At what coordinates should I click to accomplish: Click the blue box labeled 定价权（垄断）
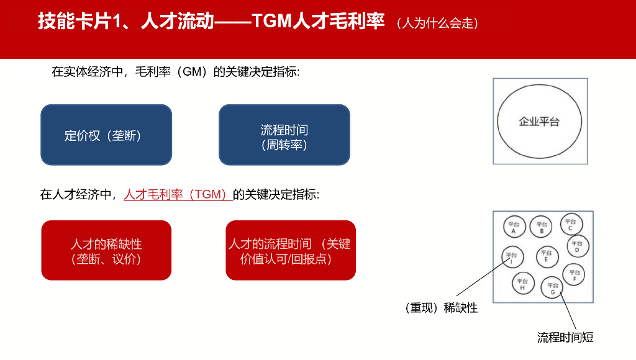pos(106,135)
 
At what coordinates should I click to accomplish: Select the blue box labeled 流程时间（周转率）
pos(284,135)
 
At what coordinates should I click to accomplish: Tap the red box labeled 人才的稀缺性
pos(106,250)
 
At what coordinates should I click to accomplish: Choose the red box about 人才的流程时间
pos(291,250)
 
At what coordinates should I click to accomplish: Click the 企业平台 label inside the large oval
pos(539,122)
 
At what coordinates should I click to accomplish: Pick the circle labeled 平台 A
pos(514,228)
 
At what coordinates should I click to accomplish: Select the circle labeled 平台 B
pos(542,228)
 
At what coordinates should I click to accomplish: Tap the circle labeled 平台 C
pos(571,225)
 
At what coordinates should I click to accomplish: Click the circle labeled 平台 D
pos(578,247)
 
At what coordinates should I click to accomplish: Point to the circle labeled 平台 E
pos(547,256)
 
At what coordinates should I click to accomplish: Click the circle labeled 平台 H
pos(523,284)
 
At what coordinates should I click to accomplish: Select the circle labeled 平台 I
pos(511,258)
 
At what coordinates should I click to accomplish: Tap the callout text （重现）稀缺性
pos(441,308)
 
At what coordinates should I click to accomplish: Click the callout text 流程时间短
pos(565,338)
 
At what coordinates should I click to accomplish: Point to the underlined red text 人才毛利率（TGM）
pos(177,194)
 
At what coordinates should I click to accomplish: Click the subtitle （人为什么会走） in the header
pos(438,24)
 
